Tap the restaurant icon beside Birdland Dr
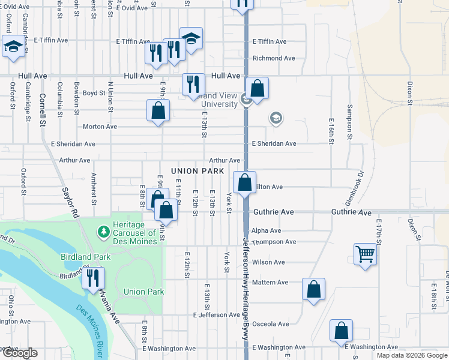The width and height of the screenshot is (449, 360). pos(93,278)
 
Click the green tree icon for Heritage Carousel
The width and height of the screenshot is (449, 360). pos(103,231)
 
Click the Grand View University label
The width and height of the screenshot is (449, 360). pos(217,100)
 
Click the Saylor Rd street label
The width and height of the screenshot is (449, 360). pos(71,201)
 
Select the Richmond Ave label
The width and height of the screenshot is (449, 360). pos(274,58)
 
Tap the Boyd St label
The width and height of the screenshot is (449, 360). pos(94,93)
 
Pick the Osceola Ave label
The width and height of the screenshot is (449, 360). pos(271,324)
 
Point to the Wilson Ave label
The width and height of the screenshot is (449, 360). pos(268,262)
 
